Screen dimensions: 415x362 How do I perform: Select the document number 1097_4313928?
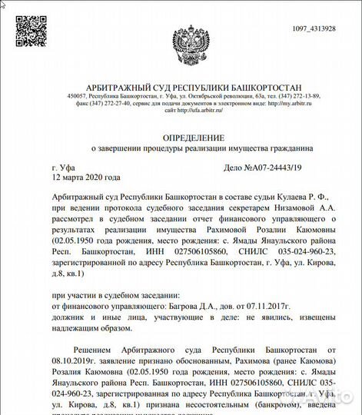[314, 28]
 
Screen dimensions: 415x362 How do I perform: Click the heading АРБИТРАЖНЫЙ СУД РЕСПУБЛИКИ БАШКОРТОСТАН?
[181, 88]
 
